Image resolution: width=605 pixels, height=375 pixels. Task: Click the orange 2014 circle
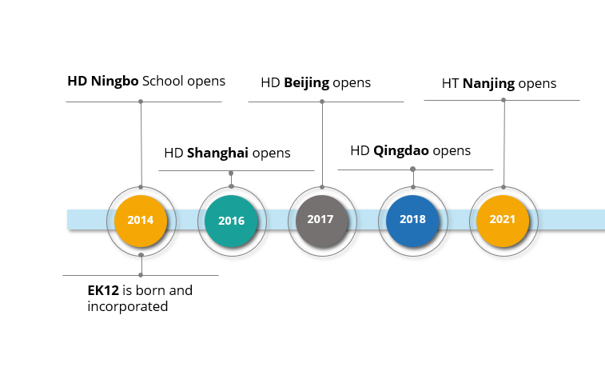141,221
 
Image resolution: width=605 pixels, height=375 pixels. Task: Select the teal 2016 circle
231,221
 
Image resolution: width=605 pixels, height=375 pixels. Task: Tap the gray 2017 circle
322,221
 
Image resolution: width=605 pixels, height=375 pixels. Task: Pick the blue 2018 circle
412,221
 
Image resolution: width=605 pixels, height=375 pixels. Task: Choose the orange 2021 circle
503,221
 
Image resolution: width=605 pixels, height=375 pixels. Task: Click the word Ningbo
114,82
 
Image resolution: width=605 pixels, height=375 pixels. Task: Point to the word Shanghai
217,154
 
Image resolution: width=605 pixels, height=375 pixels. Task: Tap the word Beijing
307,83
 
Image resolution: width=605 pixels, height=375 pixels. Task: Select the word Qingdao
401,150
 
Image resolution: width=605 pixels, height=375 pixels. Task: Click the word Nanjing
488,84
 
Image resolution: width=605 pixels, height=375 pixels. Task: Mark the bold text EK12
103,290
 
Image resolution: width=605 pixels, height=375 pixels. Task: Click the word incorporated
128,307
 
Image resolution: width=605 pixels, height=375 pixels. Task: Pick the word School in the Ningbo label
163,81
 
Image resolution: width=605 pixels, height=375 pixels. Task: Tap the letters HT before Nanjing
450,83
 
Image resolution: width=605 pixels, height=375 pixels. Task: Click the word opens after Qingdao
452,151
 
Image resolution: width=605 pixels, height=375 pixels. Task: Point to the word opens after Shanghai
271,154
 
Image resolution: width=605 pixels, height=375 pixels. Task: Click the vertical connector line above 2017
322,145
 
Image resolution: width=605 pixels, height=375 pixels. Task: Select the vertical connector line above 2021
504,144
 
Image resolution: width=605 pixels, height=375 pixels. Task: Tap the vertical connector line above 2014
141,145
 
